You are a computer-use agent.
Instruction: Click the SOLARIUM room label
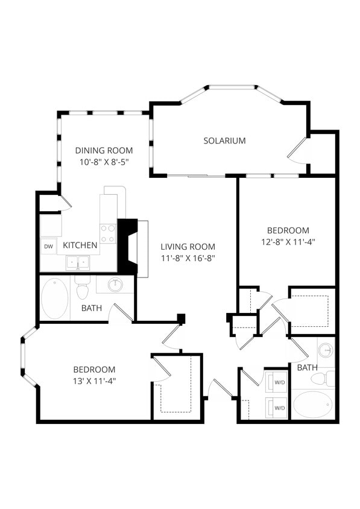(224, 141)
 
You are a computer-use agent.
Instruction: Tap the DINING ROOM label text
(104, 150)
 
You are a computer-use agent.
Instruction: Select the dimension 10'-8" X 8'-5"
(104, 162)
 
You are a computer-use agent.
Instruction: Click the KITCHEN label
(80, 245)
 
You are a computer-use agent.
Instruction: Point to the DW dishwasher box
(48, 246)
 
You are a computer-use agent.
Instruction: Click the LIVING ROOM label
(188, 247)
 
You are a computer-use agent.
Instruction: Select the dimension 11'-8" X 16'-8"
(188, 258)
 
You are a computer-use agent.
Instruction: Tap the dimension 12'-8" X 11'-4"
(288, 241)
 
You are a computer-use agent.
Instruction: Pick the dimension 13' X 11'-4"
(94, 381)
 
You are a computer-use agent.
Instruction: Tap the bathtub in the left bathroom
(55, 299)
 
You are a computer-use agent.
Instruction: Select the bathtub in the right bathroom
(312, 404)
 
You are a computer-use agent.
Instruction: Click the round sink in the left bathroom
(115, 284)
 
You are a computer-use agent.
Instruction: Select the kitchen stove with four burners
(108, 233)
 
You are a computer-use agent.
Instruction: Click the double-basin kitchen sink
(78, 263)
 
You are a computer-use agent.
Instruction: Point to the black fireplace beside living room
(128, 246)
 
